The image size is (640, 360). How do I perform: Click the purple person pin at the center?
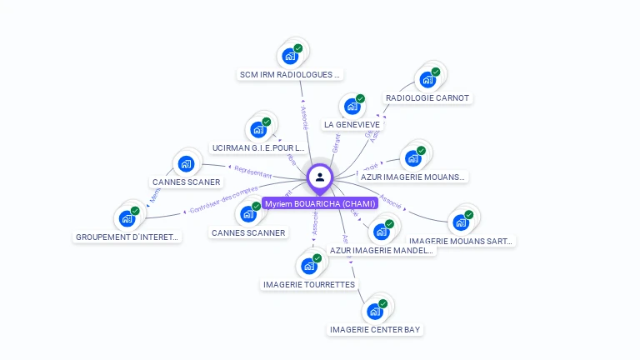click(320, 177)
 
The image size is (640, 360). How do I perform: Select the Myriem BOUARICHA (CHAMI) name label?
click(320, 203)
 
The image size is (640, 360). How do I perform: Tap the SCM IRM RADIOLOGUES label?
click(290, 75)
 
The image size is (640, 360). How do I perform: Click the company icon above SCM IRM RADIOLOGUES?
click(291, 56)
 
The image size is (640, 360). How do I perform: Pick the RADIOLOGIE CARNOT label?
click(427, 98)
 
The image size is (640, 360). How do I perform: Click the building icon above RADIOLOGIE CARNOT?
click(428, 80)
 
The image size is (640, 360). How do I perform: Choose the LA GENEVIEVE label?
click(352, 125)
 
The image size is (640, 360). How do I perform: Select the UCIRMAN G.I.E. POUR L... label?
click(258, 148)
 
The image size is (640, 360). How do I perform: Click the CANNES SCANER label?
click(187, 182)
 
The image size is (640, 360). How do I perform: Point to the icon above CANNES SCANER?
click(187, 163)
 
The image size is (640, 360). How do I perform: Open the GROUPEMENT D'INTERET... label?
click(127, 237)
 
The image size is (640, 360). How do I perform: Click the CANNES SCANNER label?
click(248, 233)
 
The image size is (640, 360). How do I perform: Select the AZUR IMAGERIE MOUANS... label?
click(413, 177)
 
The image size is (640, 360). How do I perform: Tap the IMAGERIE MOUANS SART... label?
click(461, 242)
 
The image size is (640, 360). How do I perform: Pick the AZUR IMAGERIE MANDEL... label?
click(382, 250)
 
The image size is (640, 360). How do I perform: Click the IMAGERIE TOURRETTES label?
click(309, 285)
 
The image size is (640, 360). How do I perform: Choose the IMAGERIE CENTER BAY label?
click(375, 330)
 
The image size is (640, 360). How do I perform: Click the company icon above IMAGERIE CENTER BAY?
click(376, 312)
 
